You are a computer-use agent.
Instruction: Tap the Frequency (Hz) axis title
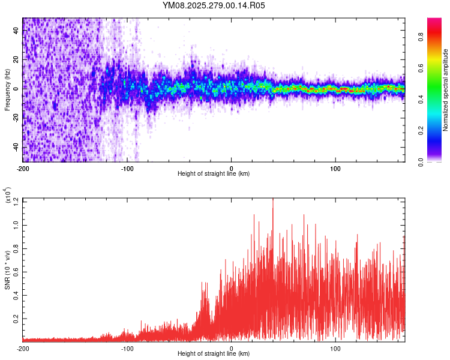7,90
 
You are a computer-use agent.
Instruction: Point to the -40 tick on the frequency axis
15,148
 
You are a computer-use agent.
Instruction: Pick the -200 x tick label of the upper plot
23,168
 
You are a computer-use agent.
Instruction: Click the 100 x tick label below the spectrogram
336,168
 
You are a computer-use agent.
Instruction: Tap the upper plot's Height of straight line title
214,174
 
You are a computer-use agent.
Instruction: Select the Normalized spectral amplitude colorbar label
445,91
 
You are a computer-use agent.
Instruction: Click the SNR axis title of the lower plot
7,269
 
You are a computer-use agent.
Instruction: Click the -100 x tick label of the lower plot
127,348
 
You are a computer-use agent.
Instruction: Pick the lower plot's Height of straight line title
214,354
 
